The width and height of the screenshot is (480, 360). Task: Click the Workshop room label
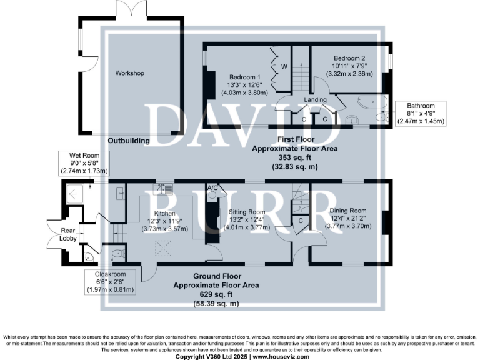[x=129, y=73]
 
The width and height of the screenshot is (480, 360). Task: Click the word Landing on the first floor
[x=316, y=99]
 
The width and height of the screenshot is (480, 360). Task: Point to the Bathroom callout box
[x=419, y=114]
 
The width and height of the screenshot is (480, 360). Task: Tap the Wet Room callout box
[x=84, y=162]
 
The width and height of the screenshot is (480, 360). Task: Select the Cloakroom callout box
[x=109, y=281]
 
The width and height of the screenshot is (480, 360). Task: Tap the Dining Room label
[x=347, y=211]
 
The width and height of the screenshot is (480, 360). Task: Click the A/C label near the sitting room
[x=212, y=187]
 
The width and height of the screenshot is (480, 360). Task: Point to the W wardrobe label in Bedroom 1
[x=283, y=66]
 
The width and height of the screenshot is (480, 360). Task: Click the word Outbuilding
[x=128, y=141]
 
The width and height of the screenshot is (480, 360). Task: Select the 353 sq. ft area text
[x=294, y=158]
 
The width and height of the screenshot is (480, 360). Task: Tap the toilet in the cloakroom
[x=117, y=254]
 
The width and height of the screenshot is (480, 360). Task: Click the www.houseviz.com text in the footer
[x=279, y=356]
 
